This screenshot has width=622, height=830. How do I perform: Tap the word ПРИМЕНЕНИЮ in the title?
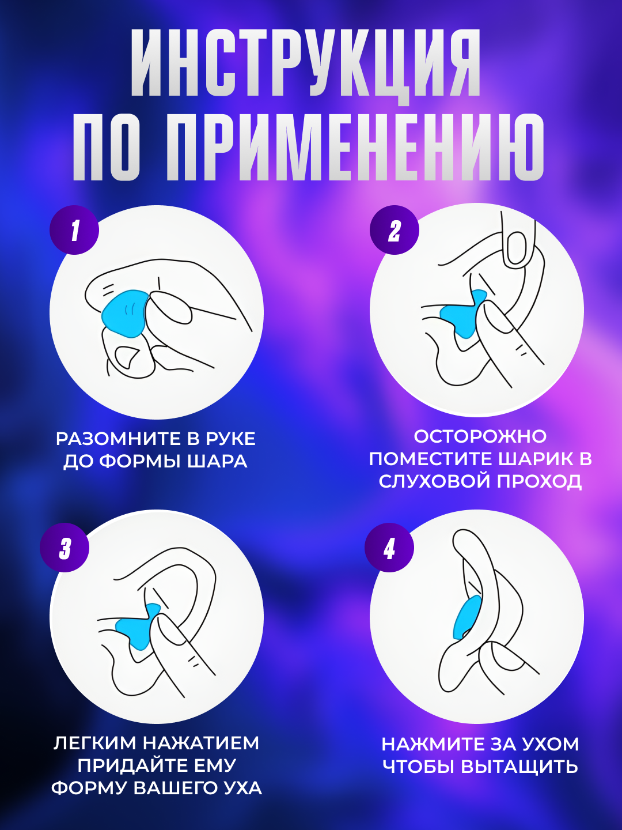pos(355,148)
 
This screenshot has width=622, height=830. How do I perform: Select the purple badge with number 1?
pos(74,231)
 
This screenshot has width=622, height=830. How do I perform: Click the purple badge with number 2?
pos(395,231)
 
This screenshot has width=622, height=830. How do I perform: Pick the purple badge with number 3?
pos(65,548)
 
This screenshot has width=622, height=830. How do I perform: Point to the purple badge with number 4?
pos(390,548)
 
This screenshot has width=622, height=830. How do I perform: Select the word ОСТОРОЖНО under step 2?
pos(480,436)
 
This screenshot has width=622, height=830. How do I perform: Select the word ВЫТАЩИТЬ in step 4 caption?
pos(520,767)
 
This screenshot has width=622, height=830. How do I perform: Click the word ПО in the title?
pos(107,148)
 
